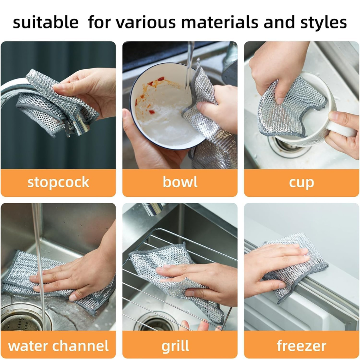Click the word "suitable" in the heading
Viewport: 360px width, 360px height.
pyautogui.click(x=46, y=22)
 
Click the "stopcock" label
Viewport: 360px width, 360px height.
pyautogui.click(x=58, y=182)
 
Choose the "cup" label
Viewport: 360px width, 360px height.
pyautogui.click(x=302, y=183)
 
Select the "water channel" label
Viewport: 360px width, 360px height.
pyautogui.click(x=58, y=346)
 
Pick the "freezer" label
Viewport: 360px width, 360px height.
pyautogui.click(x=302, y=346)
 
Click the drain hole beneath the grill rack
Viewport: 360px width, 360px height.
pyautogui.click(x=156, y=322)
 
